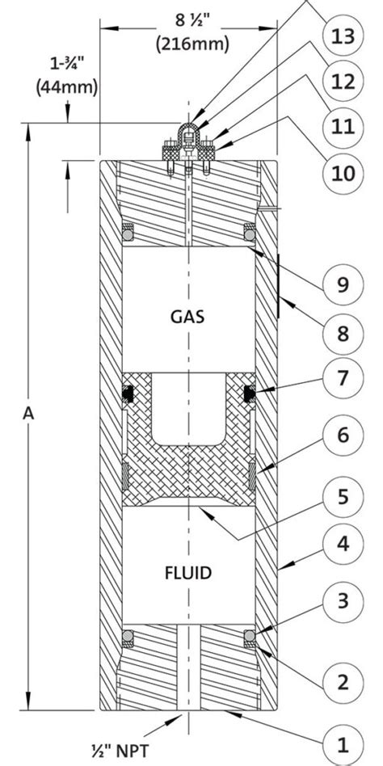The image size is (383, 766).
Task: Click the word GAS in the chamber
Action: click(187, 317)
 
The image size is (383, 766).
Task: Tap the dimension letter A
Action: click(29, 413)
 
